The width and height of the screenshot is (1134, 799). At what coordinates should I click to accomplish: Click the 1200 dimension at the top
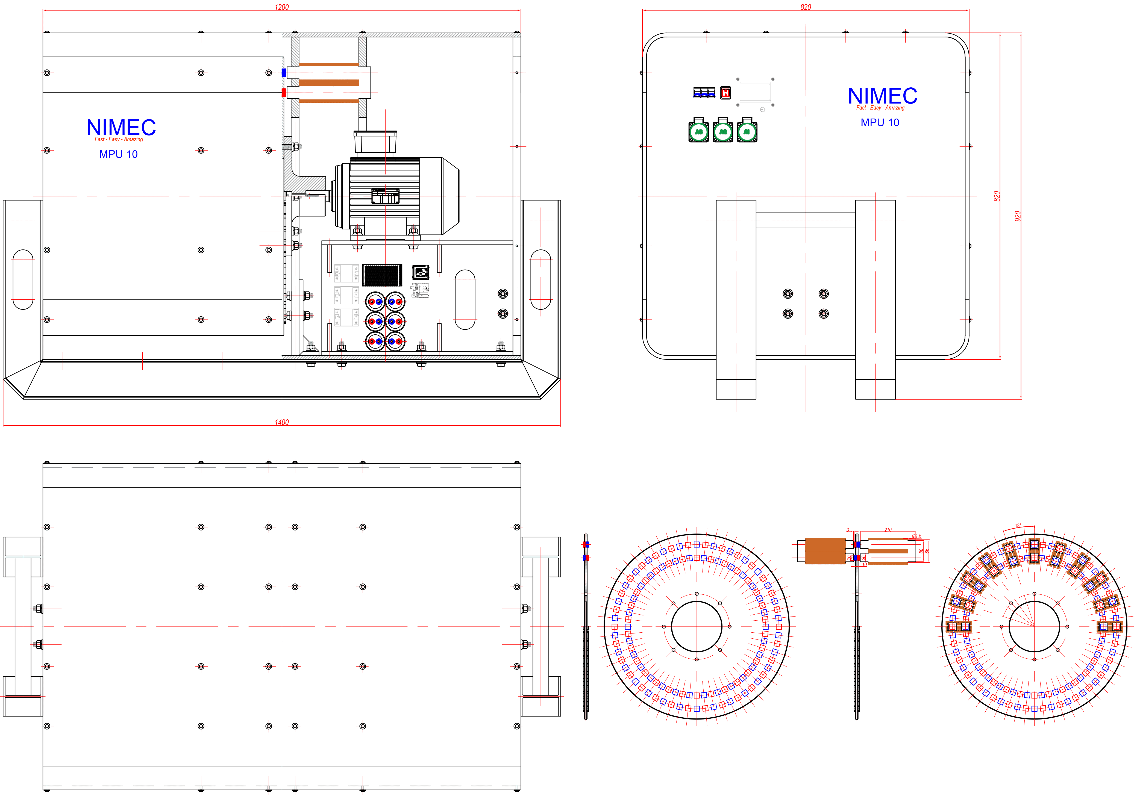(281, 7)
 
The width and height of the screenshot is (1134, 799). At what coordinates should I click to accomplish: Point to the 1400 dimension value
(281, 422)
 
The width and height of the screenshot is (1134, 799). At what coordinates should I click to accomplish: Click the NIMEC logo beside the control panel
(883, 96)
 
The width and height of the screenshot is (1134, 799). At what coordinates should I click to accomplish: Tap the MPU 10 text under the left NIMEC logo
(119, 154)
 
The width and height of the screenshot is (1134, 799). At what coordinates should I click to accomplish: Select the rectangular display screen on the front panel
(755, 92)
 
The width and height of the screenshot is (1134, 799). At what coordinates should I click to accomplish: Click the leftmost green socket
(698, 131)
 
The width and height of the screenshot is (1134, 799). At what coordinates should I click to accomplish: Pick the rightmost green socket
(747, 131)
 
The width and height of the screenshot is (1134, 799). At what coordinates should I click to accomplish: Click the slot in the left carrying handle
(23, 279)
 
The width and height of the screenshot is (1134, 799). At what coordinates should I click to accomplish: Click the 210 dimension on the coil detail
(888, 530)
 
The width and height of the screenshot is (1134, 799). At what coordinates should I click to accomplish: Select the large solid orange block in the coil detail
(825, 551)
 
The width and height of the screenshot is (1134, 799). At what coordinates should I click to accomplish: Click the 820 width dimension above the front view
(806, 7)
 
